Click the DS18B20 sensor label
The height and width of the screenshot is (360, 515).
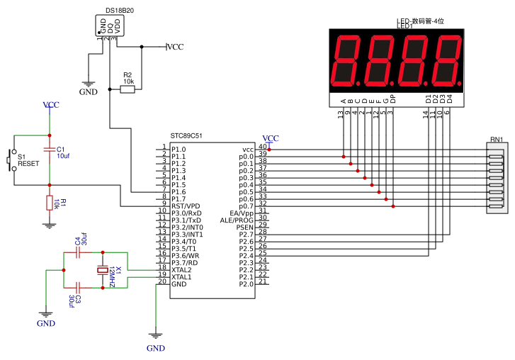[110, 10]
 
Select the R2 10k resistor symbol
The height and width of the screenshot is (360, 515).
[127, 90]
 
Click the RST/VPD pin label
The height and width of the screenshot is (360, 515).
[186, 206]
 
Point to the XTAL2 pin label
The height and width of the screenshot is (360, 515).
[181, 270]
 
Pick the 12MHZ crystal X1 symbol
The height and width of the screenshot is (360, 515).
[103, 270]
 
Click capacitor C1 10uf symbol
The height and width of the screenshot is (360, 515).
[49, 150]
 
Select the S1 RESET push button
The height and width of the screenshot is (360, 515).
[11, 159]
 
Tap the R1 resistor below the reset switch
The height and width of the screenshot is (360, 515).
[49, 203]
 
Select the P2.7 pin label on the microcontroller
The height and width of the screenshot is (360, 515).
[246, 235]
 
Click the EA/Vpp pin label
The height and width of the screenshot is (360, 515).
[242, 213]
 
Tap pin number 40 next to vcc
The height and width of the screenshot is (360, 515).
[262, 147]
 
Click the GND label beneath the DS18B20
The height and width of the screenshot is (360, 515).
[89, 92]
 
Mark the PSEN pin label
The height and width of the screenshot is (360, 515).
[245, 227]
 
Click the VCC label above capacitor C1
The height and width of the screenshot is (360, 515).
[51, 106]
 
